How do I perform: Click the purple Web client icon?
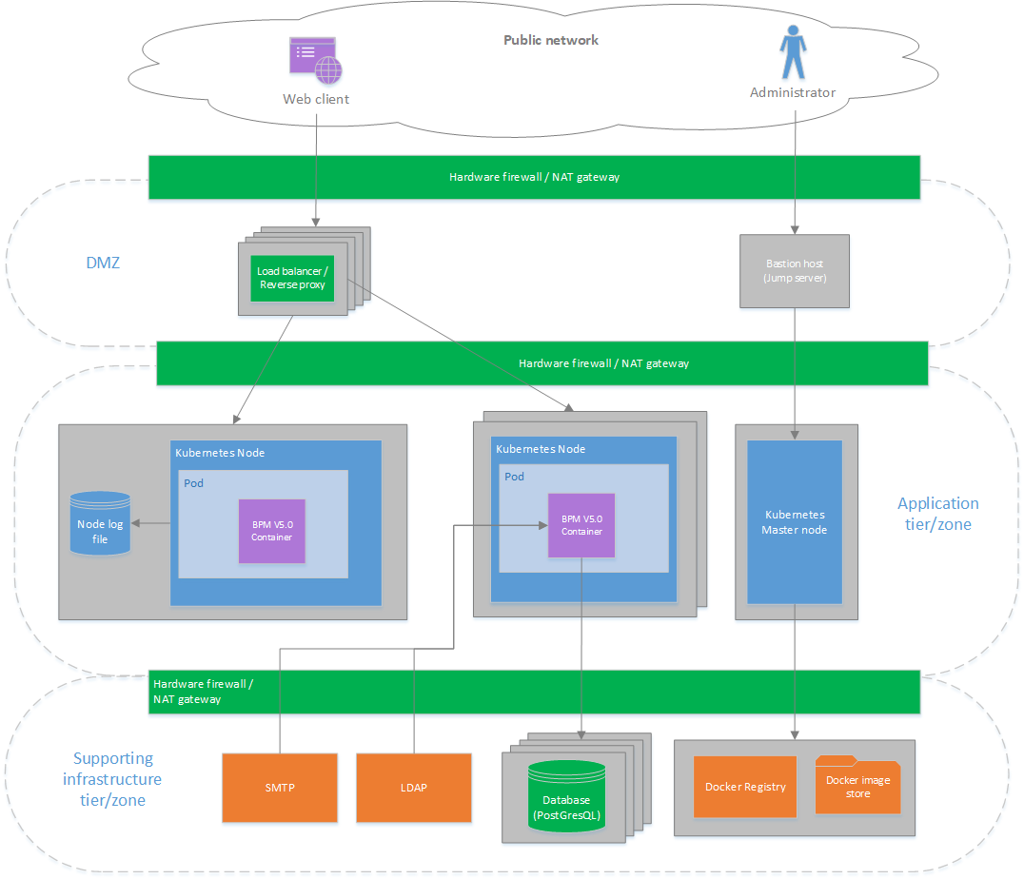pos(315,59)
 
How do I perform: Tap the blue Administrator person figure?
pos(792,53)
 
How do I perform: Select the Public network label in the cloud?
pos(551,40)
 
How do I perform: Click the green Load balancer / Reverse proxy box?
pos(292,278)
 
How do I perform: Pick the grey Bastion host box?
pos(795,271)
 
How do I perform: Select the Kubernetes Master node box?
pos(795,521)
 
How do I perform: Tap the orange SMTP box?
pos(280,788)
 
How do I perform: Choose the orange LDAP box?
pos(414,788)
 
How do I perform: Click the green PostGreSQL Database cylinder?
pos(567,798)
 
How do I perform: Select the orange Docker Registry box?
pos(745,787)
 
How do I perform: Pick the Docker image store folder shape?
pos(857,786)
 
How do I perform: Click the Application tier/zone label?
pos(937,514)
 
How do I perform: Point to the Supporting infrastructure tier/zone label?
pos(112,779)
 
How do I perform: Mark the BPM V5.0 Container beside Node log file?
pos(271,531)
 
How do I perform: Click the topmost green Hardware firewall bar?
pos(534,177)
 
